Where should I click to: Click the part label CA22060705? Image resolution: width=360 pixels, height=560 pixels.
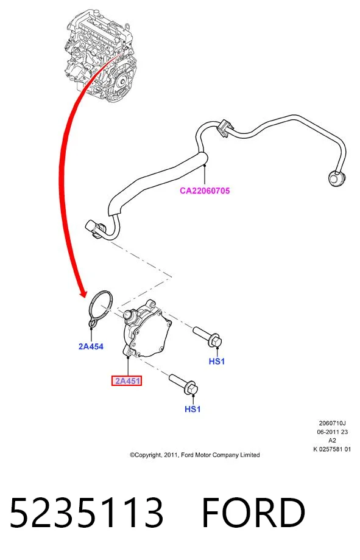205,191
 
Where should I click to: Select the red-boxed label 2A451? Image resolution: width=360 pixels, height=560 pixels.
127,380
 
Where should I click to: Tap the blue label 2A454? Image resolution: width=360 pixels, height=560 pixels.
91,346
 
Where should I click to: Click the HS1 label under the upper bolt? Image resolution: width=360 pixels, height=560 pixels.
217,362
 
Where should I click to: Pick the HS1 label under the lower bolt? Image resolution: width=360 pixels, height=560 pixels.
192,409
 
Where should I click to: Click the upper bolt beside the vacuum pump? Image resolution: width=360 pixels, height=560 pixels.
208,337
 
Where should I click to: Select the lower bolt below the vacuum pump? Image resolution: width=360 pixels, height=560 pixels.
183,384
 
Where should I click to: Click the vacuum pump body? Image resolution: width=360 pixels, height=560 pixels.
147,329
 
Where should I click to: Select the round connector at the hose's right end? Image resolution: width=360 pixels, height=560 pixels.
336,178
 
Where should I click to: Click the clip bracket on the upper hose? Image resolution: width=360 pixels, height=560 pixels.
224,127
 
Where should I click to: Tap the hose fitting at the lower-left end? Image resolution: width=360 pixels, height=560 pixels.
94,229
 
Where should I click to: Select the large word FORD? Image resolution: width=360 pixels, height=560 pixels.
253,513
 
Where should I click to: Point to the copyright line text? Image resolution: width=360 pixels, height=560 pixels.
195,455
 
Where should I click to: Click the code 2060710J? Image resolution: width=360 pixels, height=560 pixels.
332,423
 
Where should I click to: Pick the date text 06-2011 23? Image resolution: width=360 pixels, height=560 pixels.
332,432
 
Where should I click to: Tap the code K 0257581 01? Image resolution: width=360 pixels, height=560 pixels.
332,449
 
